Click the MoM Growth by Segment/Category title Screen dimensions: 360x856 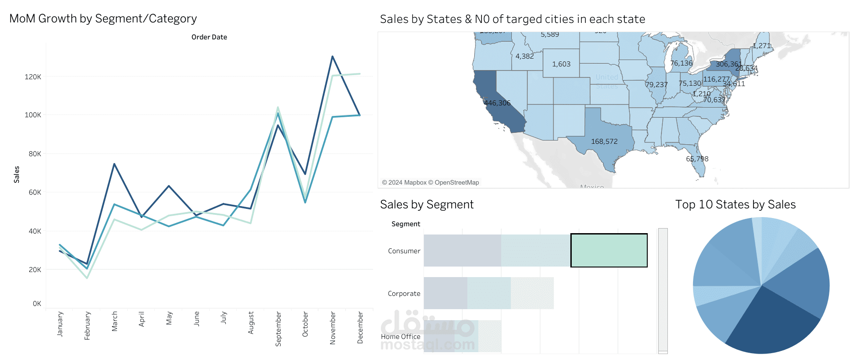click(103, 19)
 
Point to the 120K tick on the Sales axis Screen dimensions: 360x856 click(33, 77)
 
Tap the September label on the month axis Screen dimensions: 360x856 click(278, 328)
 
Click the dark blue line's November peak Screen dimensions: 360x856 click(332, 57)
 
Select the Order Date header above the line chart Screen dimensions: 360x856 click(209, 37)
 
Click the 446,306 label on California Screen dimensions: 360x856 click(497, 103)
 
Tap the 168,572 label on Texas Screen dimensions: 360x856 click(604, 142)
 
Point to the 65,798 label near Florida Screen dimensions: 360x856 click(697, 159)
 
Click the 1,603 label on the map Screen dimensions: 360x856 click(561, 64)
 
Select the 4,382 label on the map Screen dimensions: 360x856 click(525, 56)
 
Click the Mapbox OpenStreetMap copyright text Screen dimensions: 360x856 click(430, 182)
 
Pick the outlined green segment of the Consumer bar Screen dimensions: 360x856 click(609, 251)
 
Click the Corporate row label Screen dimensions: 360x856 click(404, 294)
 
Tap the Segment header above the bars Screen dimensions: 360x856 click(406, 224)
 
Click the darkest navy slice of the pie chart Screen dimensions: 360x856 click(769, 325)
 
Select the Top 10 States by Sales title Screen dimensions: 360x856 click(735, 205)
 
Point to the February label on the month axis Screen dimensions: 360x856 click(87, 325)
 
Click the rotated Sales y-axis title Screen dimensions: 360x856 click(16, 175)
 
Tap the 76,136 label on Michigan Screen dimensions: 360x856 click(681, 63)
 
